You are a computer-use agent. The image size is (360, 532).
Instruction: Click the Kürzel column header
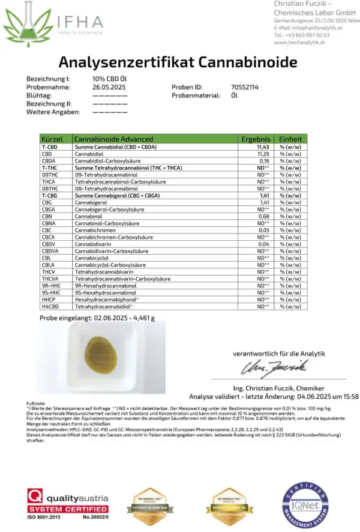[x=52, y=139]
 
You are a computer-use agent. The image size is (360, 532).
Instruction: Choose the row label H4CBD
[x=50, y=306]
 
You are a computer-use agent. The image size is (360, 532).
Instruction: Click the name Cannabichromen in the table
[x=96, y=230]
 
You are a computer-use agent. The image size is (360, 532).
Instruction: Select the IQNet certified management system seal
[x=307, y=506]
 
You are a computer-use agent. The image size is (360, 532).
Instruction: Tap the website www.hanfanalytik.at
[x=299, y=43]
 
